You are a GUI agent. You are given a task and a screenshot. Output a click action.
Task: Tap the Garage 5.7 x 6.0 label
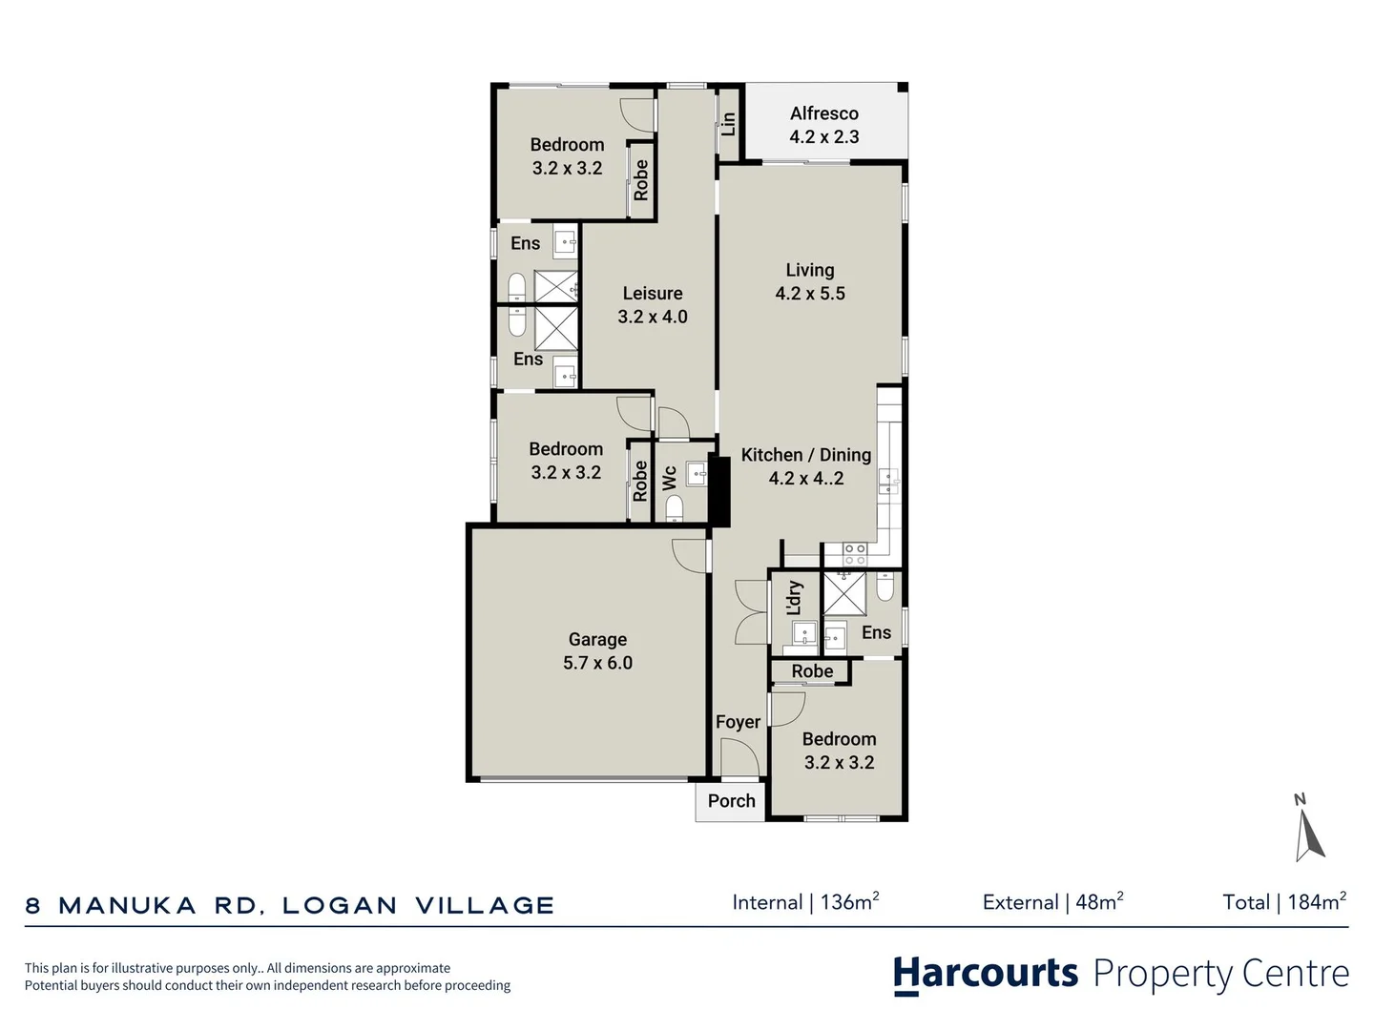click(597, 651)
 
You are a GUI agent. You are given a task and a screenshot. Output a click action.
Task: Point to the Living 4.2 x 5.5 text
click(810, 281)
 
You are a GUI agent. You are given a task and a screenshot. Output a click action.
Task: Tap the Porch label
click(731, 801)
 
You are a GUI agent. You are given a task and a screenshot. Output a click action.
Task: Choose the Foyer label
click(738, 722)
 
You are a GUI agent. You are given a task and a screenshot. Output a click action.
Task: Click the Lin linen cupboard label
click(729, 123)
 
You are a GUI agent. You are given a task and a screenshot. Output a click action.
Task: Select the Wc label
click(670, 477)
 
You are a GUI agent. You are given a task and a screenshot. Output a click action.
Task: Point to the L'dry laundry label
click(795, 598)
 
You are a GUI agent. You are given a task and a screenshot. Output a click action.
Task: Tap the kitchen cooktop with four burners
click(854, 554)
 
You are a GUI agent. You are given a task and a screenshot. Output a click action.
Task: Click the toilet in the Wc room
click(674, 515)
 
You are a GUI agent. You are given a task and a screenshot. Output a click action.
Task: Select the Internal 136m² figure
click(805, 902)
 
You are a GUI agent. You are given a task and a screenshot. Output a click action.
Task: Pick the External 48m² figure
click(1052, 902)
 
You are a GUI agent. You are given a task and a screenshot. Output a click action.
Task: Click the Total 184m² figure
click(1284, 902)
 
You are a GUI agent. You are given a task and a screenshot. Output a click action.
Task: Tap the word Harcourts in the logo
click(985, 974)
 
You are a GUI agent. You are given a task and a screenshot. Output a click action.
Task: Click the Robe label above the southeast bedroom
click(812, 671)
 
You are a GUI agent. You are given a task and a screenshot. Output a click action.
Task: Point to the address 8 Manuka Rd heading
click(289, 905)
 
